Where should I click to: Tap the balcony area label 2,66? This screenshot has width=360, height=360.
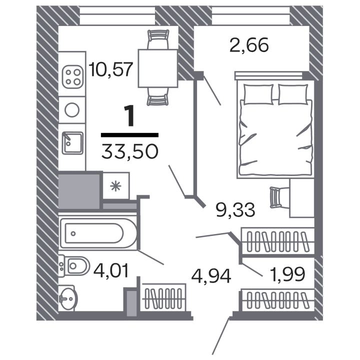pyautogui.click(x=249, y=45)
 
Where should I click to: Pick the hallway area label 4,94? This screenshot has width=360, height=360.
pyautogui.click(x=212, y=275)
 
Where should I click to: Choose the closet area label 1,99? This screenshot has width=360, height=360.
pyautogui.click(x=286, y=274)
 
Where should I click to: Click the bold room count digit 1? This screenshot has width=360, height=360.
pyautogui.click(x=129, y=116)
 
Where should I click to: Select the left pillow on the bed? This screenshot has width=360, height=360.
pyautogui.click(x=258, y=93)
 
